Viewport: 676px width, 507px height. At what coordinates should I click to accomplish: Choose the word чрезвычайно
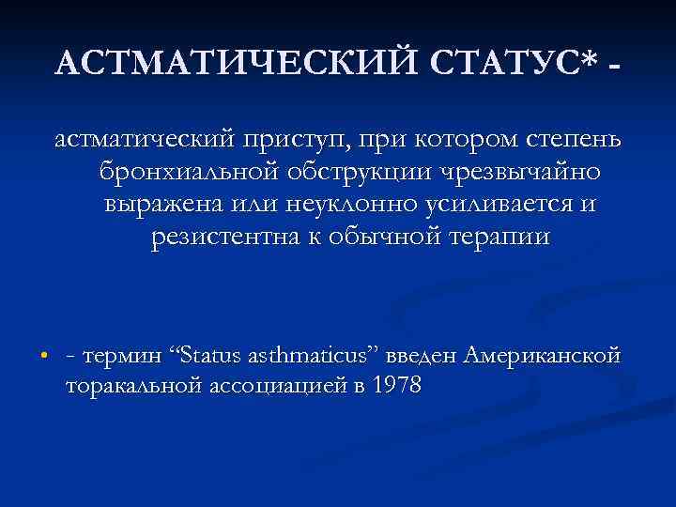[527, 173]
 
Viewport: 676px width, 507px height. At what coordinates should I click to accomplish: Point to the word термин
[123, 357]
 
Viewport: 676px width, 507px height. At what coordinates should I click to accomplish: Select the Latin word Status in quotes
[208, 357]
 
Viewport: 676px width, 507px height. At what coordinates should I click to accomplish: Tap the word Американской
[540, 357]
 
